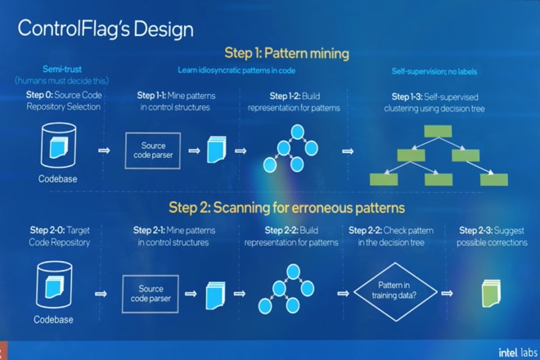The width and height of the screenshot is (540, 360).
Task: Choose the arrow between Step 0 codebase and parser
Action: click(103, 151)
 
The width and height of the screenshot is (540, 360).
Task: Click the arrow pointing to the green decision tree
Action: click(349, 151)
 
